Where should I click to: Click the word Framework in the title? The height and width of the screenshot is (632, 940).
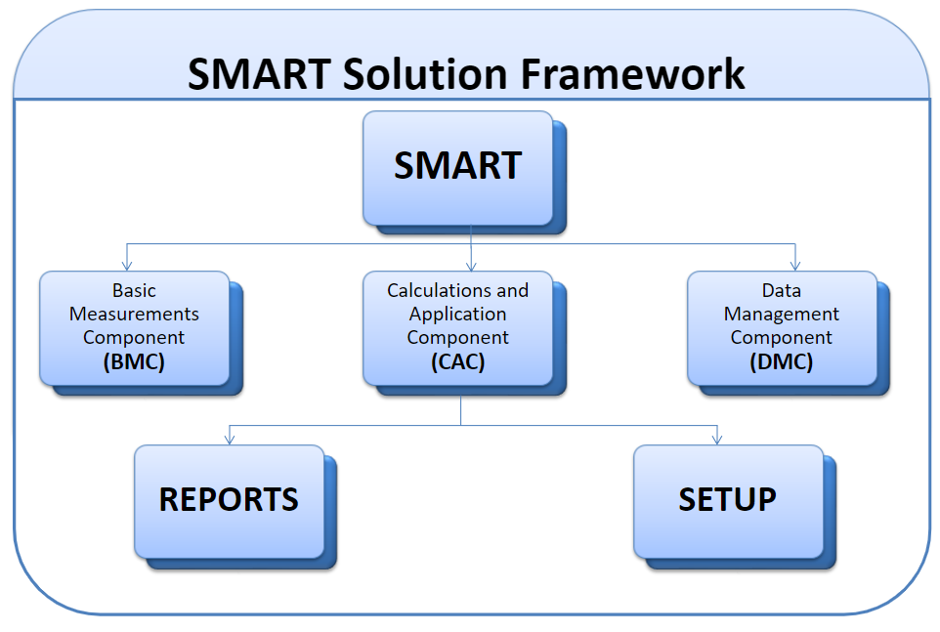632,74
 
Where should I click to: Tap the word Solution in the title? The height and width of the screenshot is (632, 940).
425,74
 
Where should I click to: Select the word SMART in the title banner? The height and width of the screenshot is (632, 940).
259,74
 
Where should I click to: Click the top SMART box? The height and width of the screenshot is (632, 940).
458,168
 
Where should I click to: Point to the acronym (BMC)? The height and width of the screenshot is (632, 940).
134,361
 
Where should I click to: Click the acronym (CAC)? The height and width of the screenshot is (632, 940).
458,361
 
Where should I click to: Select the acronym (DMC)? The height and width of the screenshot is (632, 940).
781,361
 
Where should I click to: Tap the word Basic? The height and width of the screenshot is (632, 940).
134,290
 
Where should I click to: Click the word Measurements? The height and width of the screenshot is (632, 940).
134,314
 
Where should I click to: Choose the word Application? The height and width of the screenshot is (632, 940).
458,315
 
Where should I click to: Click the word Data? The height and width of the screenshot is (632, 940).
781,290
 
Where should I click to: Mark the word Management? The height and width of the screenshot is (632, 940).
781,315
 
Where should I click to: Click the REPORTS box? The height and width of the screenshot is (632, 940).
229,502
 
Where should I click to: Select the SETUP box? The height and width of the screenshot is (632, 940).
728,502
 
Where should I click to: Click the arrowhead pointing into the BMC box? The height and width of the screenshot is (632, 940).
126,266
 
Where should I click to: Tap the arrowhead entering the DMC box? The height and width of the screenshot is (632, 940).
795,266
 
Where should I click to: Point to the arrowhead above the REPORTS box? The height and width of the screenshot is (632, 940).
229,440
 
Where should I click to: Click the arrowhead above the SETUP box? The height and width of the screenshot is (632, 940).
717,440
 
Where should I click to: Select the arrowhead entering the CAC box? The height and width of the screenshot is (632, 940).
471,266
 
